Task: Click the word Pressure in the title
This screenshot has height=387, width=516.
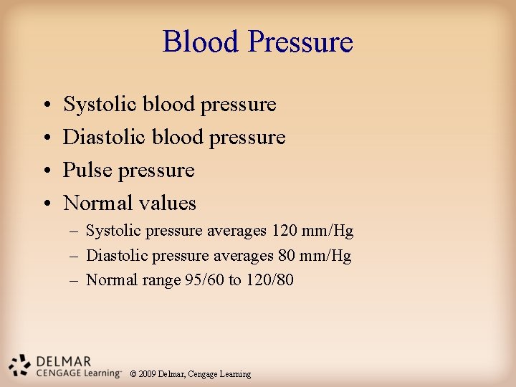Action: pos(301,43)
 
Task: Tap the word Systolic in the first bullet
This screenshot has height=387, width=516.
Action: pos(100,105)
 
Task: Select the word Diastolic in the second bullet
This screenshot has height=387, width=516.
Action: pos(105,137)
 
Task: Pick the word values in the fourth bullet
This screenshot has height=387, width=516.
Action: pos(168,203)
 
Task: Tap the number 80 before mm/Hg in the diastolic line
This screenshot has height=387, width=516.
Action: pos(287,256)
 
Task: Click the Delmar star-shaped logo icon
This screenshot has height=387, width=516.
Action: pos(20,365)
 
